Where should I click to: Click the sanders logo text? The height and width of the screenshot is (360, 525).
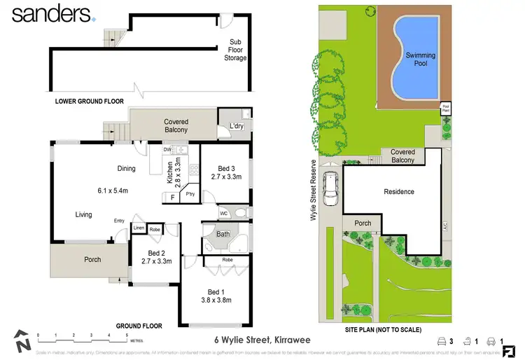50,14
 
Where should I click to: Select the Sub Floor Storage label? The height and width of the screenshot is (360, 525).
235,50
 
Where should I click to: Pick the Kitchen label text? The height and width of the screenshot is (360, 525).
169,173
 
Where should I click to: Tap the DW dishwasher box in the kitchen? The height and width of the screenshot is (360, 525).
167,149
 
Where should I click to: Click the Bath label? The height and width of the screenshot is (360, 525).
223,235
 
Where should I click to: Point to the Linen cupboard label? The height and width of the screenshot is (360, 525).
138,229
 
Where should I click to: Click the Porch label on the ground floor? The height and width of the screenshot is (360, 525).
92,259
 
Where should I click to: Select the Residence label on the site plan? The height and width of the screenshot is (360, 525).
399,191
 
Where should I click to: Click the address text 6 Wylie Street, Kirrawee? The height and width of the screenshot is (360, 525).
262,340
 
